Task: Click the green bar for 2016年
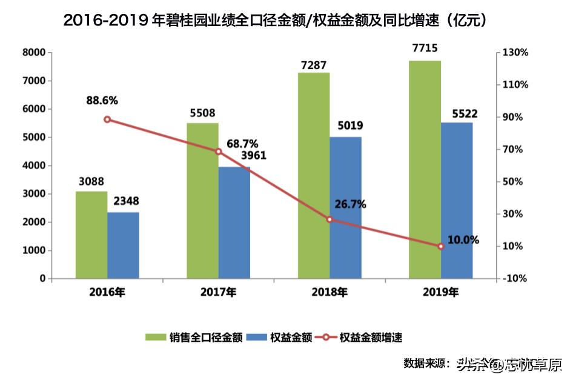(x=91, y=235)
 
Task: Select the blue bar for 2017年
(x=234, y=222)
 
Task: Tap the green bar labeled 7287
(x=314, y=176)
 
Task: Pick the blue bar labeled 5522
(x=457, y=201)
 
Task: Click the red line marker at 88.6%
(x=107, y=119)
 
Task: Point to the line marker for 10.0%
(x=441, y=246)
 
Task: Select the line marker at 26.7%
(x=330, y=219)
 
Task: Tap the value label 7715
(x=424, y=48)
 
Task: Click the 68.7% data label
(x=242, y=144)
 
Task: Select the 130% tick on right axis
(x=516, y=53)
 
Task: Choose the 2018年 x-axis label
(x=330, y=292)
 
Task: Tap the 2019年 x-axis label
(x=440, y=292)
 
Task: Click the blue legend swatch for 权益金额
(x=258, y=338)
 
